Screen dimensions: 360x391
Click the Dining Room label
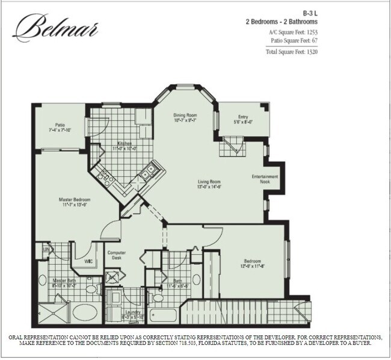pos(185,114)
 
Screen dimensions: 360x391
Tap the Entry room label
pos(243,117)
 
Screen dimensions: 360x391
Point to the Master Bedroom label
pos(73,199)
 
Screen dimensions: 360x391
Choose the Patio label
pos(60,125)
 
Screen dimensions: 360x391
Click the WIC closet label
pos(88,261)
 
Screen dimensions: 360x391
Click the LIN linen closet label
pos(45,249)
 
